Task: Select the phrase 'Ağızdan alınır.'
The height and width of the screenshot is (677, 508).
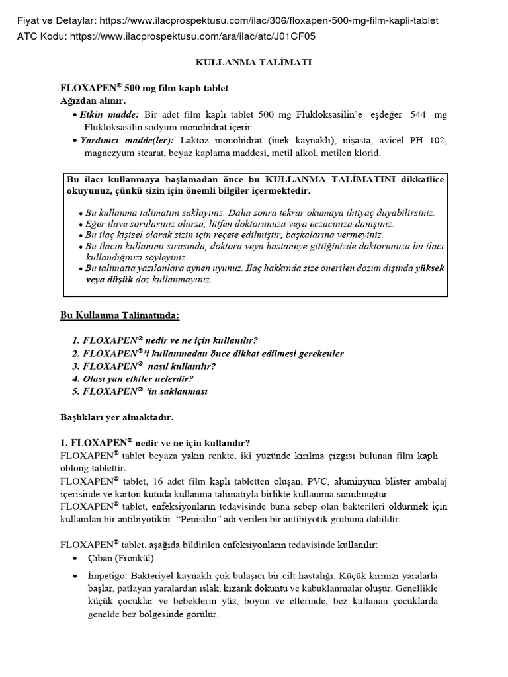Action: (x=93, y=100)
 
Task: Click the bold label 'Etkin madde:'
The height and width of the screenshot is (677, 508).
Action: (x=110, y=114)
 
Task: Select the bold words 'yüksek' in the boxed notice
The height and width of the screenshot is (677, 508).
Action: (x=430, y=268)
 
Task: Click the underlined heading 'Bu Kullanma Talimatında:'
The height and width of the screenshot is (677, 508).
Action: (x=120, y=316)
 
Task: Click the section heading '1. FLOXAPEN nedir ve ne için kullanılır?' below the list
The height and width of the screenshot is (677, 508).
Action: (x=155, y=442)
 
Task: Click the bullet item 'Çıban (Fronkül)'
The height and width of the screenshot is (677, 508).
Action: (x=116, y=558)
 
